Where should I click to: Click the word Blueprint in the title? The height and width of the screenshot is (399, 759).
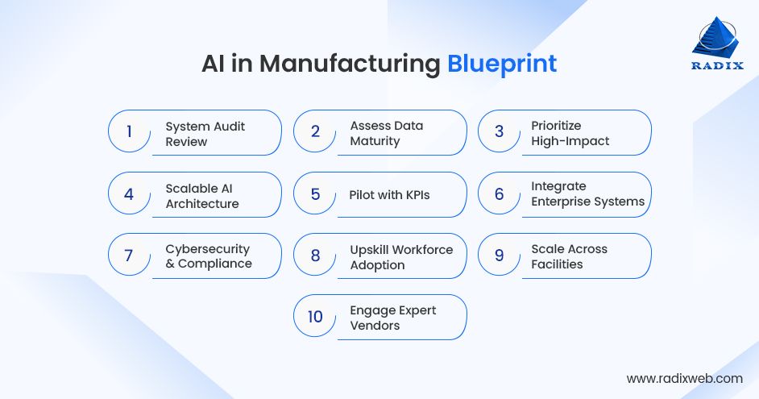pos(502,64)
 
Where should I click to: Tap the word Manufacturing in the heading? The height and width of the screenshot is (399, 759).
pos(350,64)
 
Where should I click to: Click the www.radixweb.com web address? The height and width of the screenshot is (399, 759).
pos(684,378)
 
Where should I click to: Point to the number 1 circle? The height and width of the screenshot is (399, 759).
pos(129,131)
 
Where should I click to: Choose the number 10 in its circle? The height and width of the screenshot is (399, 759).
pos(315,317)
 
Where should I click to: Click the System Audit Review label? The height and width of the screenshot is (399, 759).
pos(205,134)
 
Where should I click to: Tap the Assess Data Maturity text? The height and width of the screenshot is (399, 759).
pos(386,133)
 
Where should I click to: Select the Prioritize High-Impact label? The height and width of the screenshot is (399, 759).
pos(570,133)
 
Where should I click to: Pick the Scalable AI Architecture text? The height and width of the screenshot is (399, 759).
pos(202,196)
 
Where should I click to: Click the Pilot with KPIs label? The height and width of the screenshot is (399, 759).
pos(389,194)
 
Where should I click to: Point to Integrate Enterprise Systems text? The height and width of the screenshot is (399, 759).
pos(587,193)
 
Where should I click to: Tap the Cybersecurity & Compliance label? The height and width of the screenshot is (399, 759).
pos(209,256)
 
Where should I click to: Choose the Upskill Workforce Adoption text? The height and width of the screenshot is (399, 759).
pos(401,257)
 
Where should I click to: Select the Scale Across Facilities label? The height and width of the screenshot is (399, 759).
pos(569,256)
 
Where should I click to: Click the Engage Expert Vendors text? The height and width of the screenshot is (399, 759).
pos(392,318)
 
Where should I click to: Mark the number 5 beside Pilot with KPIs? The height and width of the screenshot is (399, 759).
pos(315,194)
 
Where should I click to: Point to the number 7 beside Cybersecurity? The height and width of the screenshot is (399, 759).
pos(129,256)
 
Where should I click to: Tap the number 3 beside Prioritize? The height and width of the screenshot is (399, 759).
pos(499,131)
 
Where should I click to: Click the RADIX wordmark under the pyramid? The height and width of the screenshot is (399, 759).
pos(717,66)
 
